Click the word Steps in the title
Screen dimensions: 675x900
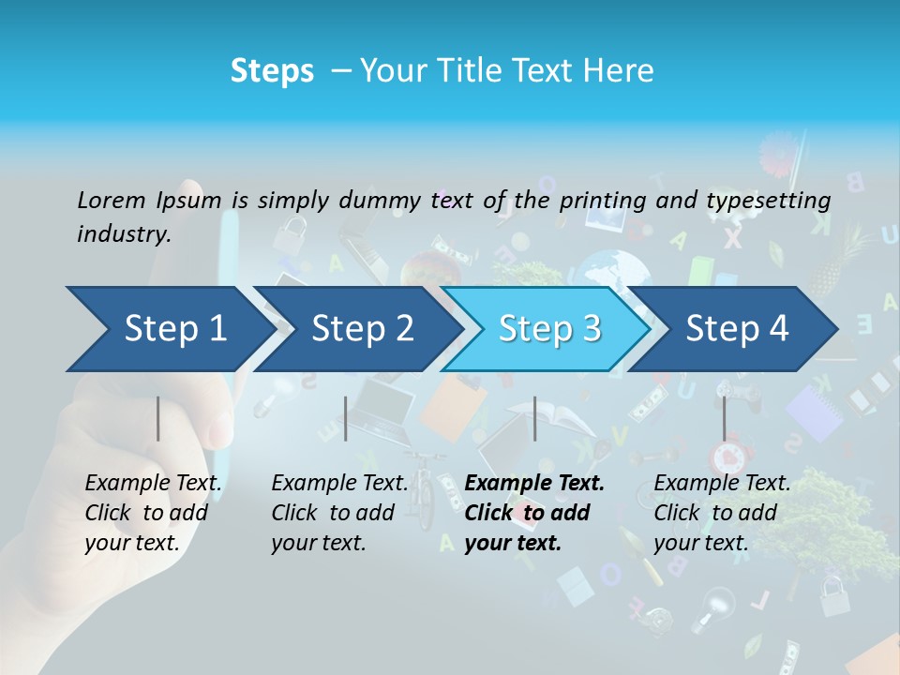point(272,71)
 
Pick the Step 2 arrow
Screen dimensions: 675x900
point(362,328)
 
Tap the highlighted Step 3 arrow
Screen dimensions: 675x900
point(548,328)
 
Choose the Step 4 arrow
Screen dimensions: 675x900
point(737,328)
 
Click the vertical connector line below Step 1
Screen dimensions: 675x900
point(158,418)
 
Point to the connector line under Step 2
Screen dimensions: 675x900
point(346,418)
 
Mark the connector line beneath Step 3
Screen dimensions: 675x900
point(534,418)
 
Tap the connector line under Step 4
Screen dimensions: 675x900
point(724,418)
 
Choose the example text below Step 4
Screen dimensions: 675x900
point(722,513)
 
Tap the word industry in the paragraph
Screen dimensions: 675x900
point(123,234)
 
